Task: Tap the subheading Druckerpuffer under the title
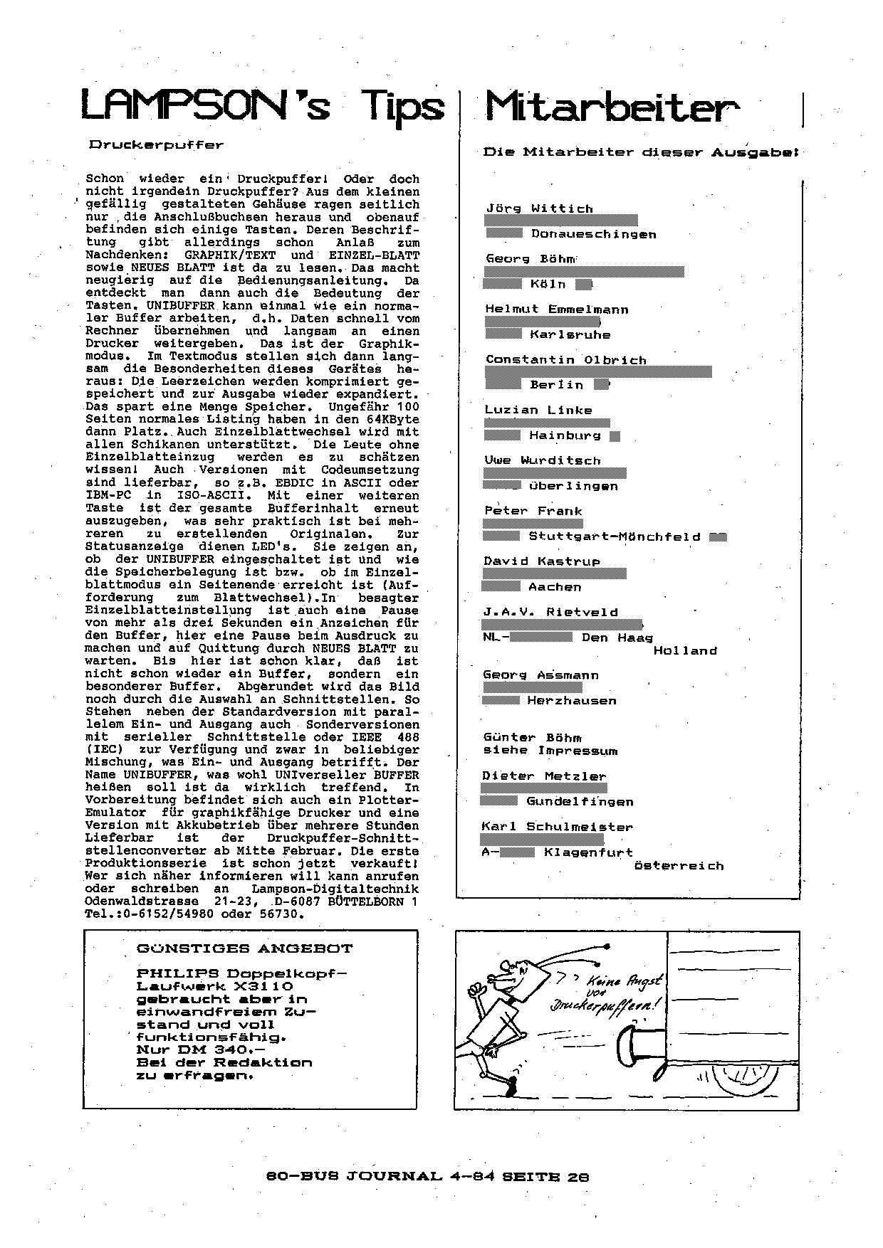[x=156, y=144]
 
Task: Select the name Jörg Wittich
[x=539, y=208]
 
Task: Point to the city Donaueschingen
[x=593, y=234]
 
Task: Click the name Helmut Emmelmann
[x=556, y=310]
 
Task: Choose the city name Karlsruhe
[x=570, y=334]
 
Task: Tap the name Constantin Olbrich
[x=565, y=360]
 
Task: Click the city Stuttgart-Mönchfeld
[x=614, y=536]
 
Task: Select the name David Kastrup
[x=541, y=561]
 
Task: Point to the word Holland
[x=684, y=650]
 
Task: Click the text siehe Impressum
[x=550, y=751]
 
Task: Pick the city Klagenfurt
[x=587, y=852]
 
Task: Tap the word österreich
[x=678, y=866]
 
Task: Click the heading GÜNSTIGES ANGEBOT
[x=244, y=948]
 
